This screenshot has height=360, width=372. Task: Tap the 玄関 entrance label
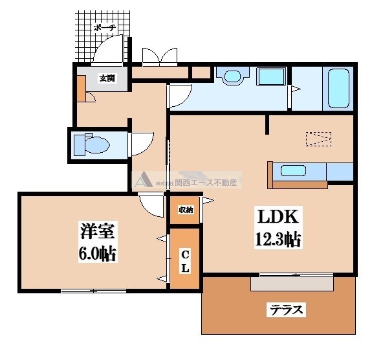click(x=107, y=78)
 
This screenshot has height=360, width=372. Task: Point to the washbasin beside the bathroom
click(x=231, y=77)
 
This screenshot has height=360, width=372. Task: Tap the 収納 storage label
click(x=186, y=210)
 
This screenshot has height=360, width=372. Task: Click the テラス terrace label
click(x=286, y=309)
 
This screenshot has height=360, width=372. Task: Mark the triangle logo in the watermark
click(x=144, y=181)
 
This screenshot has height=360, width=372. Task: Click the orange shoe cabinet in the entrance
click(x=81, y=89)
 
